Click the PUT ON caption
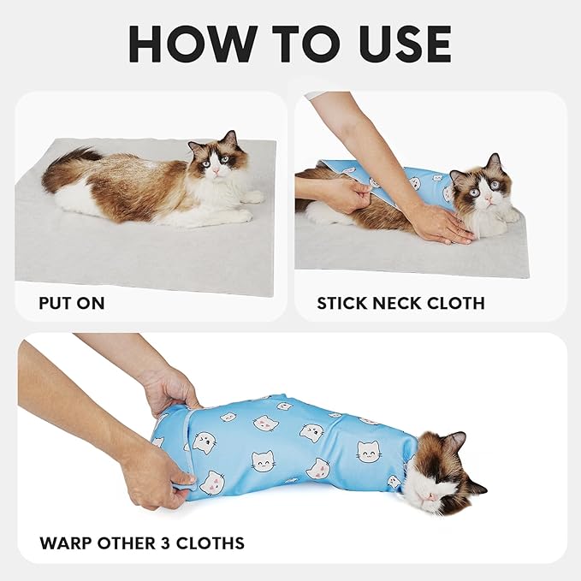pyautogui.click(x=72, y=303)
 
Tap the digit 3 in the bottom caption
pyautogui.click(x=175, y=542)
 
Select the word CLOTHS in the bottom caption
pyautogui.click(x=214, y=542)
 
